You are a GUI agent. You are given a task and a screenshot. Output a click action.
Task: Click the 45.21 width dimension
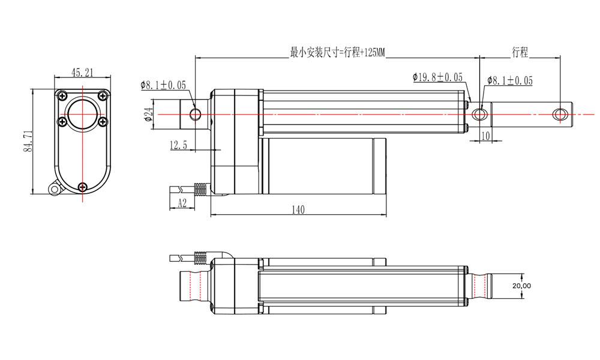coord(82,73)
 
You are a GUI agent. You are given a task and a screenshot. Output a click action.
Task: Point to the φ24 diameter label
coord(148,114)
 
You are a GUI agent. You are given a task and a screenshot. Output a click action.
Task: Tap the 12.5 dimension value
coord(179,145)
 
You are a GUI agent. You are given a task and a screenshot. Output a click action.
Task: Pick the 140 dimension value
coord(298,209)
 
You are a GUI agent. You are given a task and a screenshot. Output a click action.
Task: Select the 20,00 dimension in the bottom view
coord(522,286)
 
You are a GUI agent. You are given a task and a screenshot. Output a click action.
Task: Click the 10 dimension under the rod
coord(485,136)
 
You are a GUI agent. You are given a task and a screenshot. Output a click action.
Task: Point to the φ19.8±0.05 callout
coord(437,77)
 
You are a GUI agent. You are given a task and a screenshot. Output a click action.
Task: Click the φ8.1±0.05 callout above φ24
coord(163,85)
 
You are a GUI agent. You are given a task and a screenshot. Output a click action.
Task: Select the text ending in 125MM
coord(337,53)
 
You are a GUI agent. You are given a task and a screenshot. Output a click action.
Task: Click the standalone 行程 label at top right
coord(520,52)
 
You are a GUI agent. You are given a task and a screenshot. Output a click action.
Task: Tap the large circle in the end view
coord(82,115)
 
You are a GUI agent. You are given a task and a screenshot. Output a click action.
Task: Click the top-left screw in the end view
coord(62,95)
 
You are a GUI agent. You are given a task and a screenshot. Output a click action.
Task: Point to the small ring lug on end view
coord(55,190)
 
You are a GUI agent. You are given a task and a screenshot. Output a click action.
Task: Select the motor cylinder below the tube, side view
coord(324,164)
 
